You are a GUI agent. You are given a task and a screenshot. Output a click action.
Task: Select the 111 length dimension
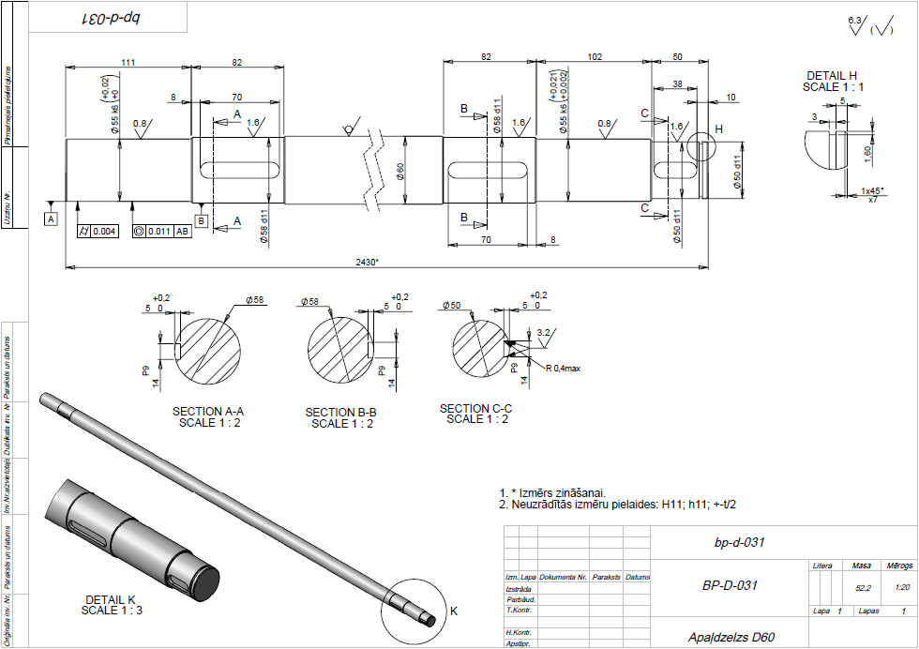pyautogui.click(x=128, y=62)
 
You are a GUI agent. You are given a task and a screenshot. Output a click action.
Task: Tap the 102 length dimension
pyautogui.click(x=594, y=57)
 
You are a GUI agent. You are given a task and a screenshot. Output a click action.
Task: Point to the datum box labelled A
pyautogui.click(x=51, y=218)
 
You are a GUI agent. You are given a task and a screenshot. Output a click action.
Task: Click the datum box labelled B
pyautogui.click(x=201, y=220)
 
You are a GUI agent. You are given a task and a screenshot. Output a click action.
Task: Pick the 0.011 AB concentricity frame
pyautogui.click(x=162, y=230)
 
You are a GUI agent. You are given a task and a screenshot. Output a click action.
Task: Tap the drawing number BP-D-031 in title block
pyautogui.click(x=730, y=585)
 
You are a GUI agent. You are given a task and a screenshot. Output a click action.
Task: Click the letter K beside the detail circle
pyautogui.click(x=454, y=611)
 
